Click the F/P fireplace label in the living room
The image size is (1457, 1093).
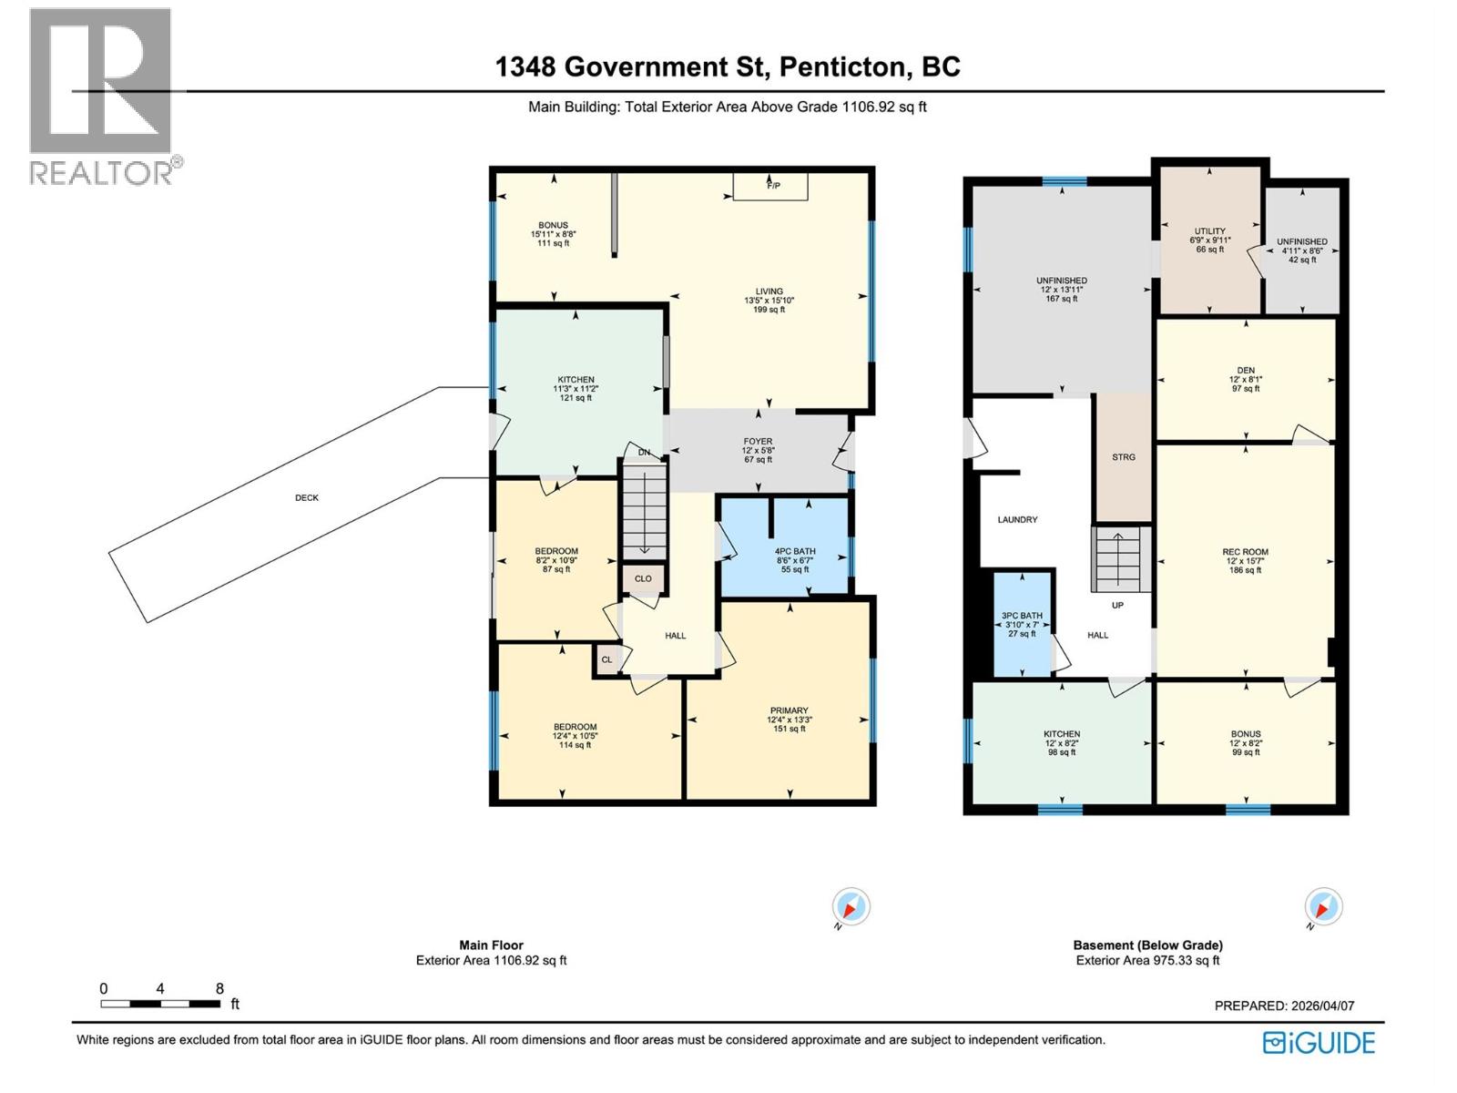[773, 186]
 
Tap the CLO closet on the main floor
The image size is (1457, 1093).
[643, 578]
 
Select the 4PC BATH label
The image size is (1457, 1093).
[795, 551]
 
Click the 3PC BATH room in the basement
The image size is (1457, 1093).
[1022, 624]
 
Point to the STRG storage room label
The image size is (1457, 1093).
[1124, 457]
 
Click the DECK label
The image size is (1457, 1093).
[307, 498]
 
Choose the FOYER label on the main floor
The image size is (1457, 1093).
[758, 442]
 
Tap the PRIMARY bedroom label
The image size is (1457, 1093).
[789, 710]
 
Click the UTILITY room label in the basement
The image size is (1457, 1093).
[1210, 231]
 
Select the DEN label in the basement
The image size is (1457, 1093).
[1246, 371]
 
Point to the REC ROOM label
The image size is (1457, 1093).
[1245, 552]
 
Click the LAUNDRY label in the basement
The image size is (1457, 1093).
[1017, 520]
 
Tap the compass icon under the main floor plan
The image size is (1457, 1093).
[851, 907]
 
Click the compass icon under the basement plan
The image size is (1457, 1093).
[1323, 907]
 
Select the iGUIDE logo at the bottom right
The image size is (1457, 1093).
[1319, 1043]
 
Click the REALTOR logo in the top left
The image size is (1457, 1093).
[101, 96]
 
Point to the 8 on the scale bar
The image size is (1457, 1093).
[219, 989]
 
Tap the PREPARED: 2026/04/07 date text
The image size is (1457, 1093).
[1284, 1006]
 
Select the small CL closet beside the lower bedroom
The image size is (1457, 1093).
[606, 659]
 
